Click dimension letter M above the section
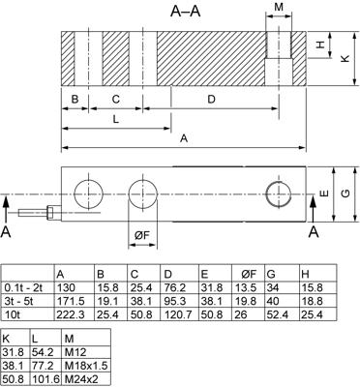(x=280, y=8)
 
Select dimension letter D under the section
(x=211, y=100)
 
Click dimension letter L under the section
(x=115, y=120)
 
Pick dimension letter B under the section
(x=74, y=100)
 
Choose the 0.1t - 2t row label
(x=28, y=287)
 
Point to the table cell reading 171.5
(x=73, y=301)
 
